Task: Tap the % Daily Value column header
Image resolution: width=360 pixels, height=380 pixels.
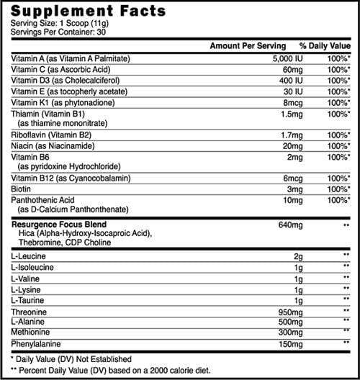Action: click(x=319, y=45)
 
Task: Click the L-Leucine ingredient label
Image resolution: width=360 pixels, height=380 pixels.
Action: click(x=28, y=255)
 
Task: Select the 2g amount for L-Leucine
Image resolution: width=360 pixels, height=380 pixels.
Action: click(x=292, y=255)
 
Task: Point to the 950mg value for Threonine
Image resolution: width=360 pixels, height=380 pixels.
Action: click(x=284, y=312)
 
